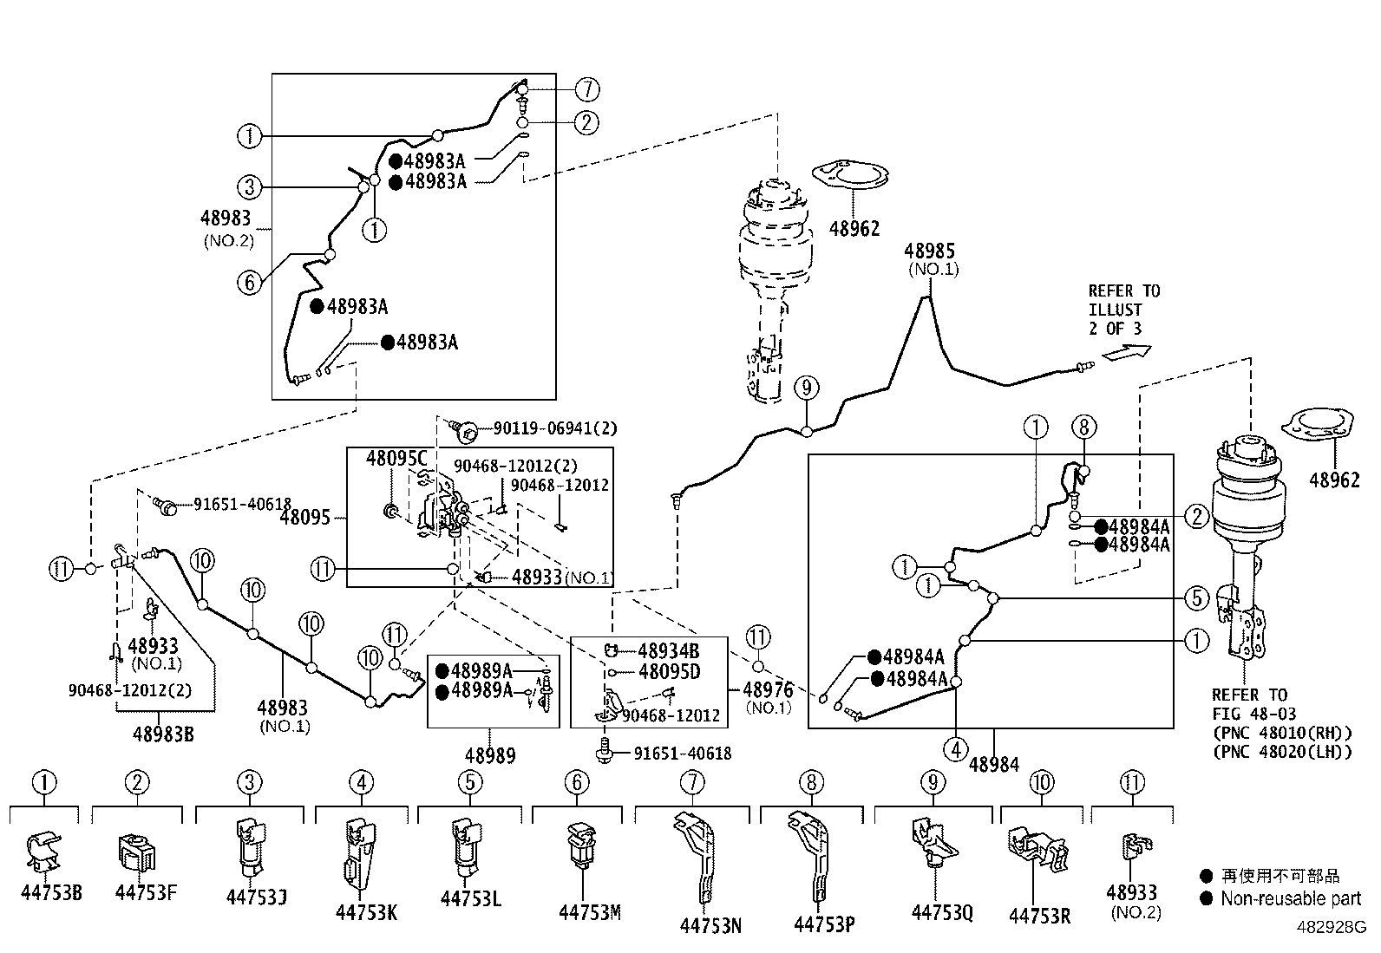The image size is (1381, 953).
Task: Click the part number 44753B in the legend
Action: pyautogui.click(x=51, y=893)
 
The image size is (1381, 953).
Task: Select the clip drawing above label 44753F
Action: pyautogui.click(x=137, y=853)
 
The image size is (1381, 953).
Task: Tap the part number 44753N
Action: pyautogui.click(x=710, y=925)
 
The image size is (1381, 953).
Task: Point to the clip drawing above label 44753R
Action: pyautogui.click(x=1037, y=850)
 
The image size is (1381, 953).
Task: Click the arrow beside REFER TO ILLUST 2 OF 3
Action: pyautogui.click(x=1126, y=353)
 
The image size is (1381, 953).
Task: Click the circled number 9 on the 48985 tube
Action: pyautogui.click(x=807, y=388)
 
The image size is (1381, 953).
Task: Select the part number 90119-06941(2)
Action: pyautogui.click(x=555, y=428)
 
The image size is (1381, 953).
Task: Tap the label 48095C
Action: pyautogui.click(x=396, y=458)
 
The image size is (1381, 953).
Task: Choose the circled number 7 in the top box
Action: pyautogui.click(x=587, y=89)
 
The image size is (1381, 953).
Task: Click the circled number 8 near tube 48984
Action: pyautogui.click(x=1084, y=427)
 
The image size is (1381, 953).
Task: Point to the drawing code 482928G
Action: pyautogui.click(x=1332, y=927)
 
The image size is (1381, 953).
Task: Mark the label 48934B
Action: pyautogui.click(x=668, y=651)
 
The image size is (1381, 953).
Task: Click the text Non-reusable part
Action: pyautogui.click(x=1291, y=898)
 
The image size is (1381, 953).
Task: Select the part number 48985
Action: pyautogui.click(x=929, y=251)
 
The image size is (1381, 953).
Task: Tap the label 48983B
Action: pyautogui.click(x=163, y=734)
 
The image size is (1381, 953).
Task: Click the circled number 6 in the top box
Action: pyautogui.click(x=250, y=283)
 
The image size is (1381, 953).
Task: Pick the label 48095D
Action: pyautogui.click(x=670, y=671)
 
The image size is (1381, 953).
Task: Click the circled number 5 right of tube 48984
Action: pyautogui.click(x=1196, y=598)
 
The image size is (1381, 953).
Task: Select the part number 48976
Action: pyautogui.click(x=768, y=689)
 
